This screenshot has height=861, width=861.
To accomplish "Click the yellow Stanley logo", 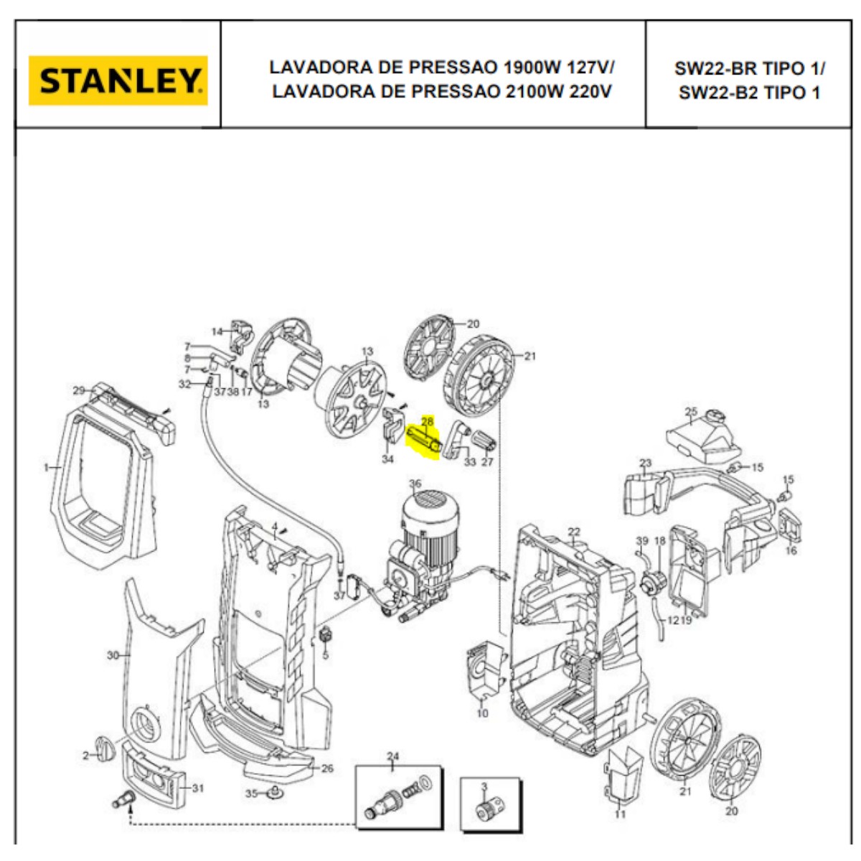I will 118,80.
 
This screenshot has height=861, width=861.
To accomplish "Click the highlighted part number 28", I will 427,422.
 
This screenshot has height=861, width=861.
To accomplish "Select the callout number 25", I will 691,412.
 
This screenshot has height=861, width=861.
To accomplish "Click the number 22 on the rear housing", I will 573,532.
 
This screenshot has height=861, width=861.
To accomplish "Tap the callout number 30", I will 113,655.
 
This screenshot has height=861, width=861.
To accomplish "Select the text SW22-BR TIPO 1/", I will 749,69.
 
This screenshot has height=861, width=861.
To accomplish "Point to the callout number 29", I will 79,390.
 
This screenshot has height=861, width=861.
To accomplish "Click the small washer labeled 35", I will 273,793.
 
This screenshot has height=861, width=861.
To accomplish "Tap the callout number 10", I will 482,713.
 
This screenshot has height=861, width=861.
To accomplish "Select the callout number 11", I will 620,814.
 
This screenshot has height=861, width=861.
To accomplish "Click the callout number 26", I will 327,768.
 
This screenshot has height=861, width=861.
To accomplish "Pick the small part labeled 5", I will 325,635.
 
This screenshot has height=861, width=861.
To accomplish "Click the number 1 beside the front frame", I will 46,467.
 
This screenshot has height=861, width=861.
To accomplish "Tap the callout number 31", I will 197,789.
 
